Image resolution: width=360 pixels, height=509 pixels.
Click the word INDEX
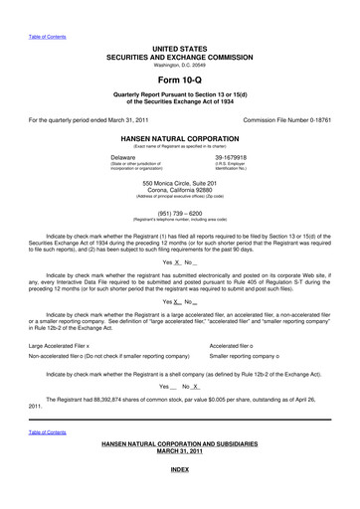179,495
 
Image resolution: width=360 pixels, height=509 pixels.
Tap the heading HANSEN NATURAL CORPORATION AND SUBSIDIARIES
179,467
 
